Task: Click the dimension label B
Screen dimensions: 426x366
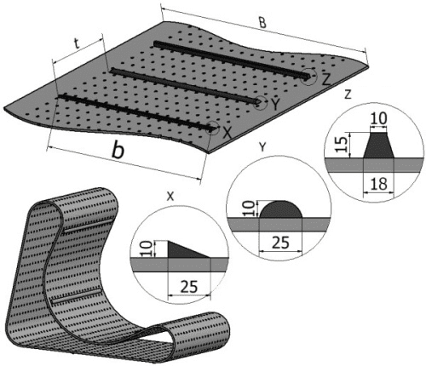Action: (262, 23)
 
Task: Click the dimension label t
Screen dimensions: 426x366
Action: (77, 43)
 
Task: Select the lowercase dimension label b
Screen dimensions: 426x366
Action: (118, 150)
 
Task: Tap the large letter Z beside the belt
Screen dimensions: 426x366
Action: (326, 79)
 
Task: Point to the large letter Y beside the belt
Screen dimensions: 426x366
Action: (275, 105)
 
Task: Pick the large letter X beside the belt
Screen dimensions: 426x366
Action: (227, 133)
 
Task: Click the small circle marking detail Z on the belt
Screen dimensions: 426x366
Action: (308, 77)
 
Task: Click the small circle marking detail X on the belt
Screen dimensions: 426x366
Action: (212, 129)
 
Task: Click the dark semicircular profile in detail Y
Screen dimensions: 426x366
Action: (281, 210)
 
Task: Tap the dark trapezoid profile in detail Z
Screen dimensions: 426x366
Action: (378, 146)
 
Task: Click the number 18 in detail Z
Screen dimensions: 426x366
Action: (379, 184)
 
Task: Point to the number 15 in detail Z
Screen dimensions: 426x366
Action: (342, 144)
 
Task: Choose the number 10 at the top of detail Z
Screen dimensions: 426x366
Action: (379, 118)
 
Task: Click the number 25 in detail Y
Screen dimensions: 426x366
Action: (281, 243)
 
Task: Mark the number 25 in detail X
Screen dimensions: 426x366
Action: (189, 287)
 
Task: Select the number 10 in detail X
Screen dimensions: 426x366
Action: (146, 249)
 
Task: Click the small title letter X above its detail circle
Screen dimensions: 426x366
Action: (170, 197)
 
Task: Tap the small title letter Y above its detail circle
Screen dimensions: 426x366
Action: (263, 146)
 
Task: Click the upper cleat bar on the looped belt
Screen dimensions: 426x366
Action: (84, 226)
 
